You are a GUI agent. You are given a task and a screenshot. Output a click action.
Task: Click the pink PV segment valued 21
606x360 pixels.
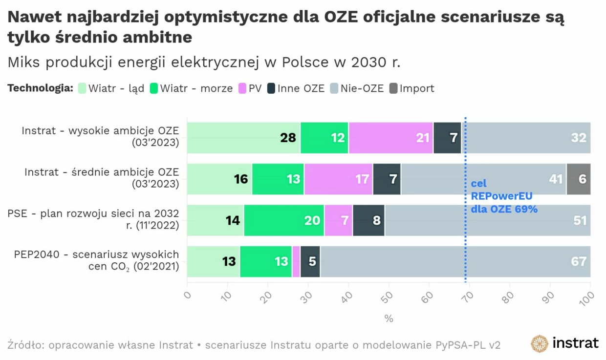pos(391,138)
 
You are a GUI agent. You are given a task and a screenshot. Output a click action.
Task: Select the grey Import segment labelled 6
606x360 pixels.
pos(579,179)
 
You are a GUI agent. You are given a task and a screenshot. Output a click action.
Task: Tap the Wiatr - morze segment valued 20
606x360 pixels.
pos(284,220)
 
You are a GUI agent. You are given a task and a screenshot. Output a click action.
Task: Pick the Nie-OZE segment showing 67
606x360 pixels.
pos(454,261)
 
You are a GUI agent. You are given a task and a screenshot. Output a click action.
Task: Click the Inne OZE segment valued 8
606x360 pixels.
pos(369,220)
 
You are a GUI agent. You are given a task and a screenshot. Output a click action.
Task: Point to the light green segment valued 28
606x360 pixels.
pos(243,138)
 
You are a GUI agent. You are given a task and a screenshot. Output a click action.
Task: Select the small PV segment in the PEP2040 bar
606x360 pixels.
pos(296,261)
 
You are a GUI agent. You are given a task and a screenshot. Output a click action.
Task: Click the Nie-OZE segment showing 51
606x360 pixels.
pos(487,220)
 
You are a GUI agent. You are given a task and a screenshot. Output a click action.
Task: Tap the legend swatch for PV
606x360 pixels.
pos(242,88)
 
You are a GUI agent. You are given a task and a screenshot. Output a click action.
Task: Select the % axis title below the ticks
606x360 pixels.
pos(389,318)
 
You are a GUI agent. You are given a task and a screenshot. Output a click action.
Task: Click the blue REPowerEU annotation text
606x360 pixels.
pos(503,196)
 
